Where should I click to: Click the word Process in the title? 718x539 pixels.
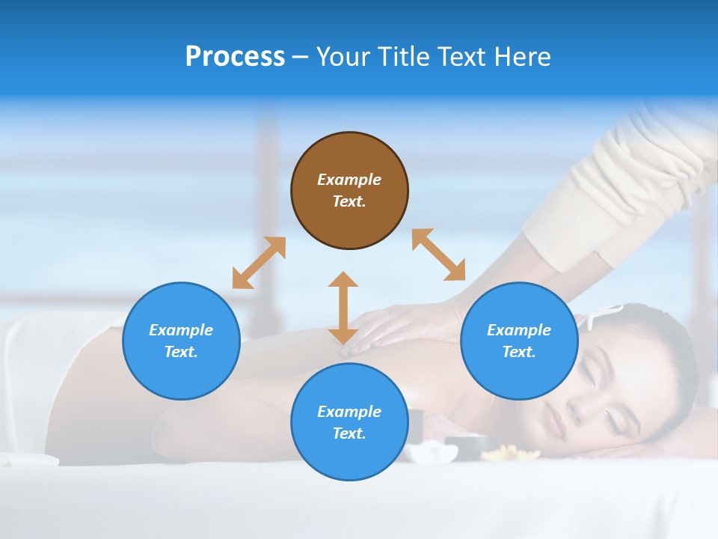coord(235,57)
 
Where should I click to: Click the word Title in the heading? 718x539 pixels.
coord(398,57)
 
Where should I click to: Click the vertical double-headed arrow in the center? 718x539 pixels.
coord(343,308)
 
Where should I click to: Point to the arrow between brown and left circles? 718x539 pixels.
coord(259,263)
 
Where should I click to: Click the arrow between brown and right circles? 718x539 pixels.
coord(439,255)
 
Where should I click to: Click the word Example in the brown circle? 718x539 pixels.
coord(349,180)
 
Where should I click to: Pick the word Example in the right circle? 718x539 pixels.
coord(519,330)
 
